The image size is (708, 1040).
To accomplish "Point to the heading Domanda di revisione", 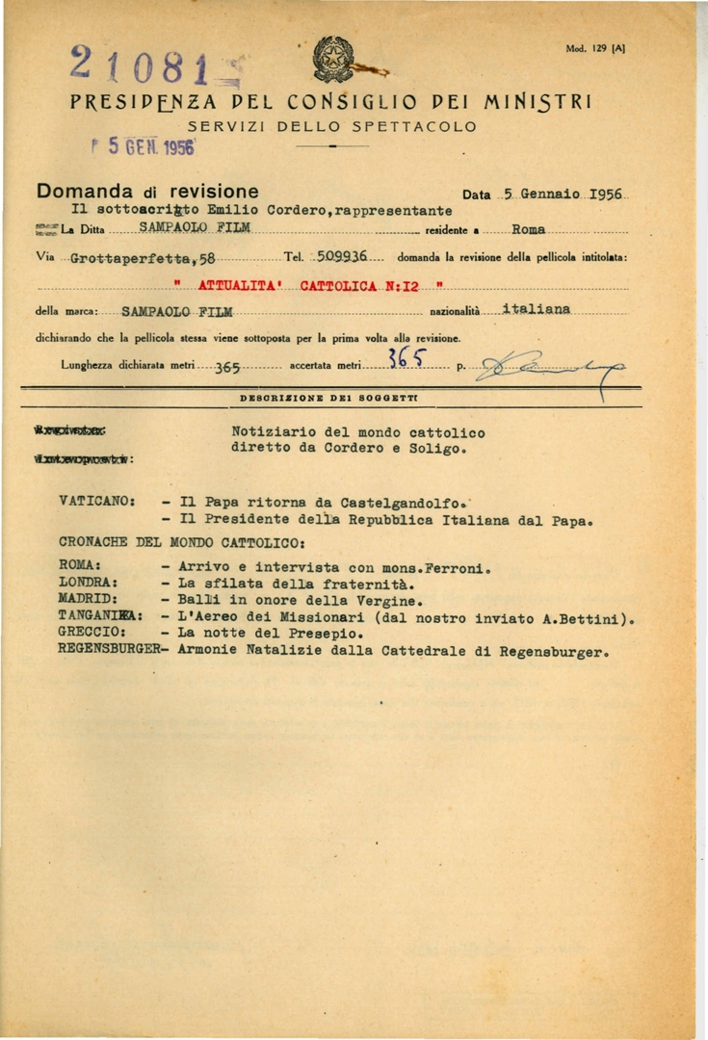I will coord(146,192).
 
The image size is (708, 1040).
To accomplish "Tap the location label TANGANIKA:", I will coord(100,616).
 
